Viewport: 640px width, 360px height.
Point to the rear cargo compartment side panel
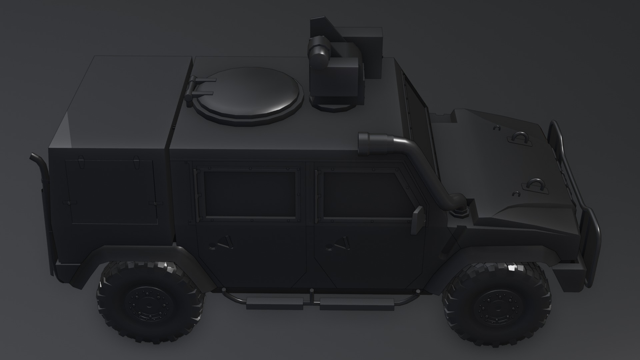[112, 192]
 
